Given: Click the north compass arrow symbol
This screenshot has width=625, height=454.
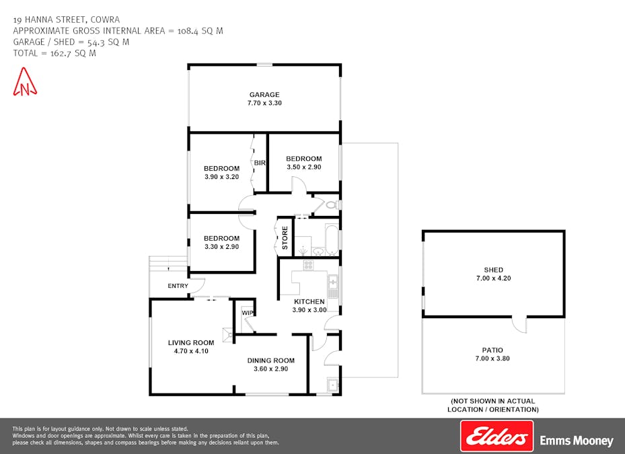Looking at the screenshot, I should tap(26, 81).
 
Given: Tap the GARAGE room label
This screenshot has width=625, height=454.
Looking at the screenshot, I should tap(264, 95).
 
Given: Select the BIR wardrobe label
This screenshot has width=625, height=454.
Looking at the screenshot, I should tap(260, 163).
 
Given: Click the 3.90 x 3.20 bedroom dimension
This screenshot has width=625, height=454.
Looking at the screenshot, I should tap(221, 177).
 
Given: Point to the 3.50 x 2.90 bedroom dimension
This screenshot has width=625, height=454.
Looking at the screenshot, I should tap(303, 167).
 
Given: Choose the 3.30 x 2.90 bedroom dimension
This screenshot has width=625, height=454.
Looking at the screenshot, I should tap(221, 247).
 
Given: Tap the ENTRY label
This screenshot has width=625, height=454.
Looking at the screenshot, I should tap(178, 287).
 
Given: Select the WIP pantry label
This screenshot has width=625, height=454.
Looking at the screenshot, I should tap(247, 313).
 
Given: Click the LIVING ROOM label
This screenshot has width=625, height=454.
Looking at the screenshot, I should tap(191, 343).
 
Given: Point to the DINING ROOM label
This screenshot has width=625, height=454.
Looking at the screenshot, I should tap(270, 361).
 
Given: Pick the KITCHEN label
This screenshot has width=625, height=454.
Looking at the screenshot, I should tap(309, 301).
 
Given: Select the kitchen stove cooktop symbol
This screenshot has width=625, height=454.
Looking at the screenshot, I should tap(308, 265).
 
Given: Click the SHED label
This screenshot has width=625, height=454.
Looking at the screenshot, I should tap(493, 270).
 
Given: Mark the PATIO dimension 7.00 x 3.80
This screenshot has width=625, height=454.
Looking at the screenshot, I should tap(492, 358).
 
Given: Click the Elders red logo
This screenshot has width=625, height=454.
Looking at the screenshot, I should tap(497, 436).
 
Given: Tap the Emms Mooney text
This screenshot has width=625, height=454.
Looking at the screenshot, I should tap(577, 441).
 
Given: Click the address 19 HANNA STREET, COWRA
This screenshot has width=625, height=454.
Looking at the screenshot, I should tap(66, 20).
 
